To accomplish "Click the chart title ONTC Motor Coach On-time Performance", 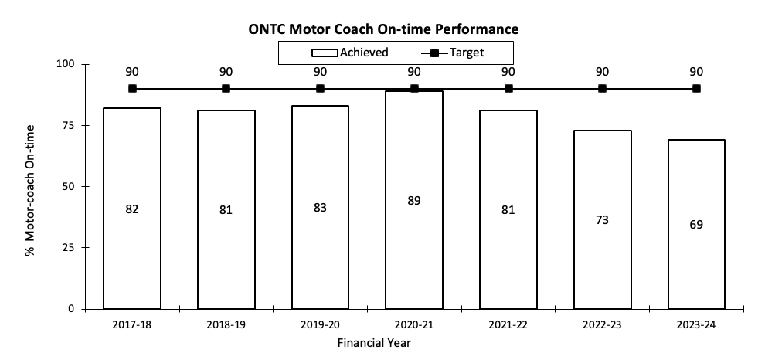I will pos(383,29).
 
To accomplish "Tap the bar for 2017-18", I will pos(132,208).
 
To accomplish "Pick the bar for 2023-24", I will pos(696,224).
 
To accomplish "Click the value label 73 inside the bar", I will pos(602,220).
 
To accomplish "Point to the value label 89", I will pos(414,201).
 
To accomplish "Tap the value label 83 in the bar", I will pos(320,209).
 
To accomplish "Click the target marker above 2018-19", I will pos(226,89).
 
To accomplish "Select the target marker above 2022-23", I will pos(602,89).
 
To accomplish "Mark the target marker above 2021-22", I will pos(508,89).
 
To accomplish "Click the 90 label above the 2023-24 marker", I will pos(696,72).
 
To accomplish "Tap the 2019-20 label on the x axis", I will pos(320,325).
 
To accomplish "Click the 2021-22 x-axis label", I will pos(508,325).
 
